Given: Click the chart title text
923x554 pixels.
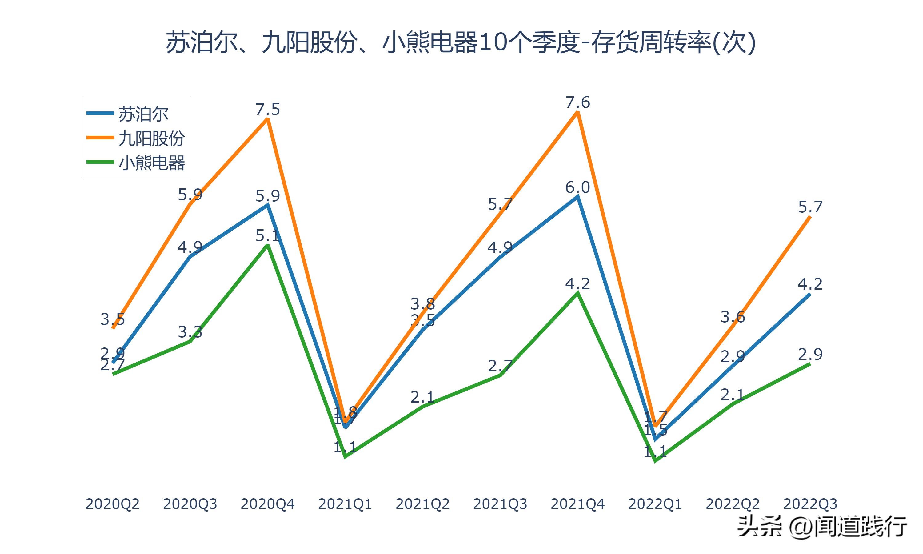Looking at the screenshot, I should click(461, 42).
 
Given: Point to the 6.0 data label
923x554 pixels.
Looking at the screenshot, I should click(577, 187).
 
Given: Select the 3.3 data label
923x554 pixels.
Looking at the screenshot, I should click(190, 332).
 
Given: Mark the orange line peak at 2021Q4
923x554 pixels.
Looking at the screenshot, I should click(577, 112).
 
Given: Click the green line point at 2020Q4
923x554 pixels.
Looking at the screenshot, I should click(267, 245).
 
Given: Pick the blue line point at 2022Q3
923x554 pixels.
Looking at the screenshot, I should click(810, 294).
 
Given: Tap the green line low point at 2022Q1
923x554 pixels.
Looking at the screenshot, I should click(655, 461).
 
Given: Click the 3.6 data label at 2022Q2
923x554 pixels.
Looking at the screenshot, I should click(733, 317).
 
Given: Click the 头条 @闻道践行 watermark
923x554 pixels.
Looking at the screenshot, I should click(822, 527).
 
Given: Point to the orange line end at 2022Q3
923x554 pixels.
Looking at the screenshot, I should click(810, 217).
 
